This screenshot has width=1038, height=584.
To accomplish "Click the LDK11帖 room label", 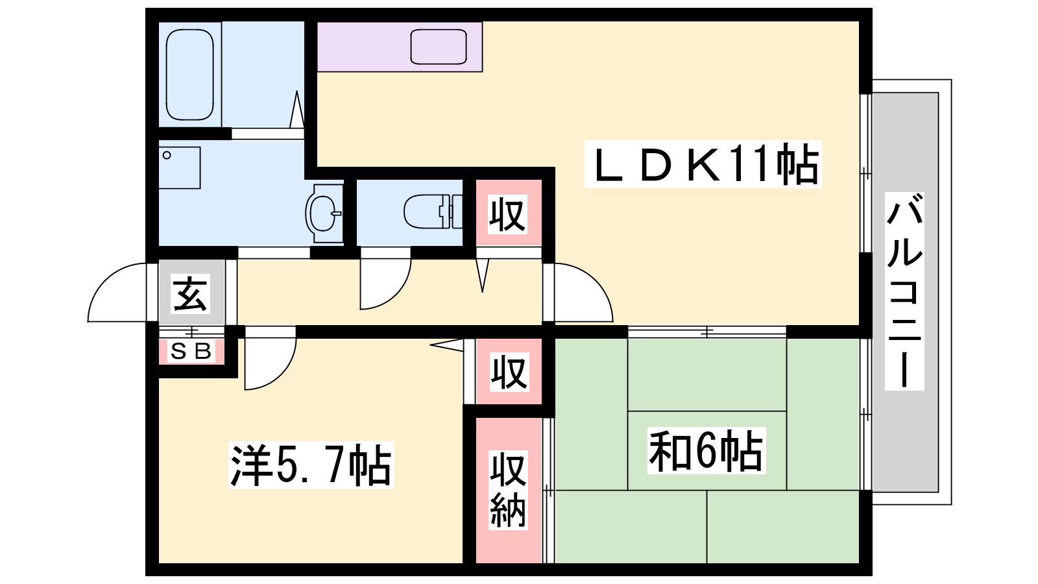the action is click(703, 164).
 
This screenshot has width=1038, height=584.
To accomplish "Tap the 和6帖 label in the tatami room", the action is click(706, 450).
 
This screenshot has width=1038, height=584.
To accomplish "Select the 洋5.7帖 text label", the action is click(311, 465).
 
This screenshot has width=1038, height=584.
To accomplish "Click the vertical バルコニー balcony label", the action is click(904, 291).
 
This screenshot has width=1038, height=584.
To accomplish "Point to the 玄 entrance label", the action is click(191, 293).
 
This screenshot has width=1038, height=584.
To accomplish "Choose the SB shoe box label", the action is click(191, 351).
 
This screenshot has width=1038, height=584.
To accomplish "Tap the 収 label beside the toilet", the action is click(507, 214).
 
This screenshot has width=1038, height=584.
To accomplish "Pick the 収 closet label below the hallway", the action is click(509, 372).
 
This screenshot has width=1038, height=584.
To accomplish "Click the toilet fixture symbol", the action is click(433, 212).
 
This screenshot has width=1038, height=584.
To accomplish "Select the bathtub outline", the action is click(189, 74).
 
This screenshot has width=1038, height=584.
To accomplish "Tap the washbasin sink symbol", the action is click(324, 213).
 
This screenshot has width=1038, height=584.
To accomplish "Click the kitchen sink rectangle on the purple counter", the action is click(439, 47).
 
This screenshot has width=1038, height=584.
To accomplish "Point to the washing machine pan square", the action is click(180, 168).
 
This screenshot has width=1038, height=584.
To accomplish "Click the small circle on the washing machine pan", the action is click(167, 155).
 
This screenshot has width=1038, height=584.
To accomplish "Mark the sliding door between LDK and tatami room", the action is click(707, 332).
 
